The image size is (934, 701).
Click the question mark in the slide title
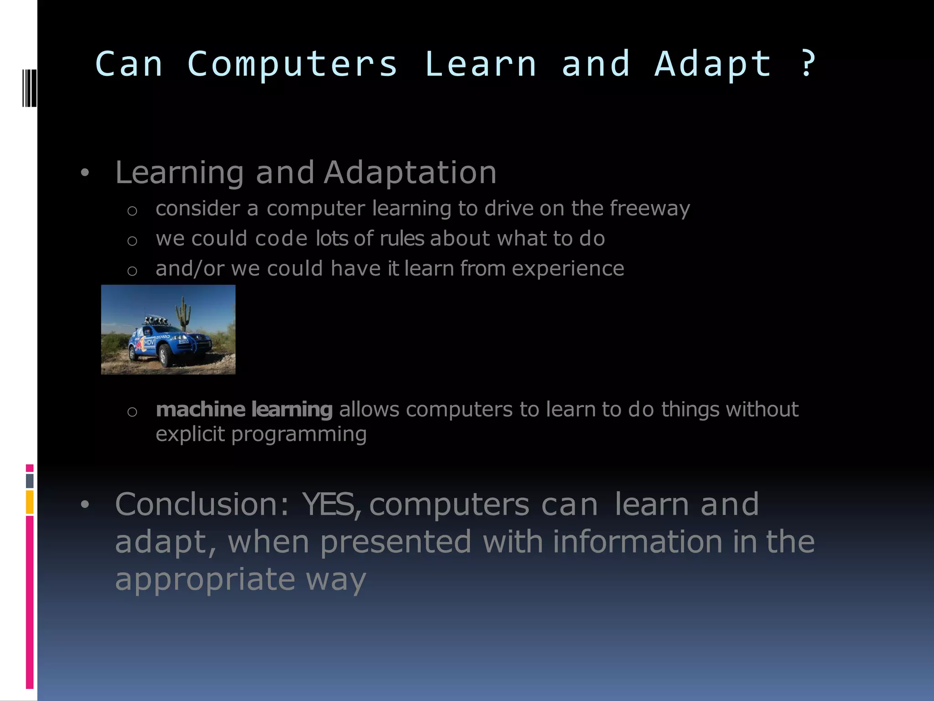coord(808,64)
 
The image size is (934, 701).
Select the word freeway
coord(649,209)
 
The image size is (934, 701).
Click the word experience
coord(567,269)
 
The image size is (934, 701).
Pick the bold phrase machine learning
coord(244,409)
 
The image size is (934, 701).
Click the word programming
coord(299,434)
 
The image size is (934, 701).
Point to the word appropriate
coord(205,579)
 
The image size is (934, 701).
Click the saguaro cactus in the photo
coord(183,312)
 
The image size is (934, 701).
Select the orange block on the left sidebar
coord(30,502)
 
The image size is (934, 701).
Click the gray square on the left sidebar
coord(30,481)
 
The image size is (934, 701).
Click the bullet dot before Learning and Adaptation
coord(84,173)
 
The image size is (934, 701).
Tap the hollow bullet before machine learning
coord(132,412)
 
